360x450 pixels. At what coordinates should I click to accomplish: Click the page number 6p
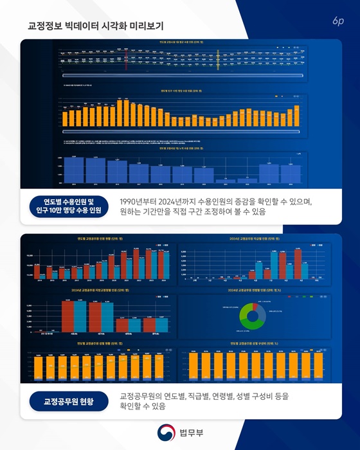(338, 21)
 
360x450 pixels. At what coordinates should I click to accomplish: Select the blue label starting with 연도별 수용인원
(67, 205)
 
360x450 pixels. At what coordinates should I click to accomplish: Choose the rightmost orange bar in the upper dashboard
(296, 114)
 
